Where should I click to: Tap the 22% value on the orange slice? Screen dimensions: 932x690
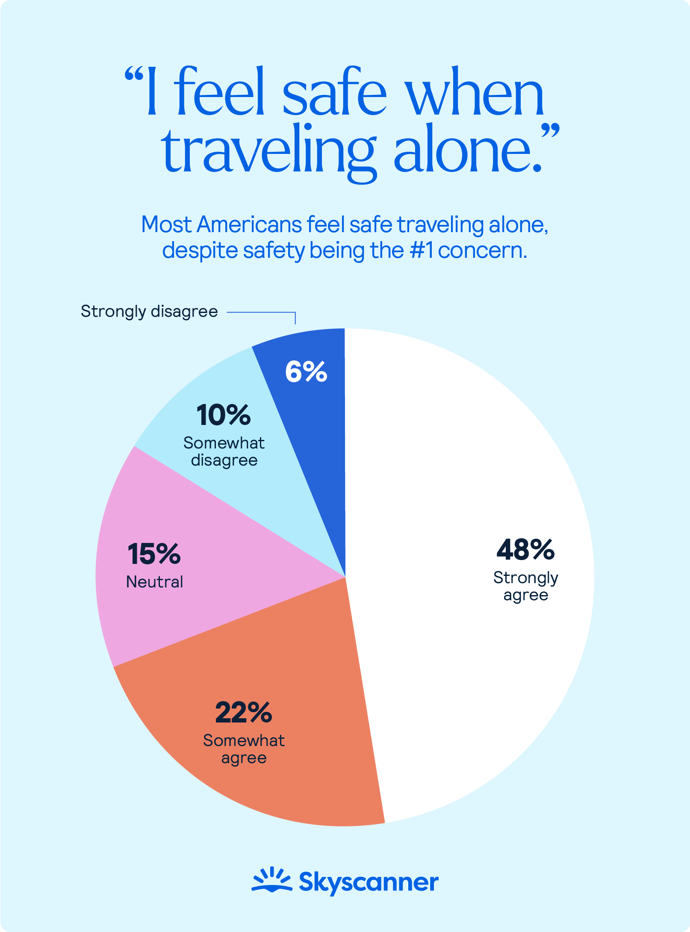[x=244, y=713]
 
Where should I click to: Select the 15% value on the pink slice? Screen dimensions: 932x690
[x=154, y=554]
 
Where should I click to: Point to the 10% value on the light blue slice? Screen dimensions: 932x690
[x=224, y=415]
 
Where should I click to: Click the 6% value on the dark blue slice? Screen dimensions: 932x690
[x=306, y=372]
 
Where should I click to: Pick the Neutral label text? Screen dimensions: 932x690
[x=155, y=582]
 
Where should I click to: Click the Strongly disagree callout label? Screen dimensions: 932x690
[x=149, y=312]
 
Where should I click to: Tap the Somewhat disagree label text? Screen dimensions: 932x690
[x=224, y=452]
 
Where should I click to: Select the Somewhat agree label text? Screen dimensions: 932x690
[x=244, y=749]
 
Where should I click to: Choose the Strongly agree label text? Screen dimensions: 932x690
[x=525, y=586]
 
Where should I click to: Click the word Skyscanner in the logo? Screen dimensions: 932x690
[x=369, y=882]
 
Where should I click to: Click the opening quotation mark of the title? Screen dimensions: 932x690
[x=133, y=75]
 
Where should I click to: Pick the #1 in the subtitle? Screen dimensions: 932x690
[x=421, y=251]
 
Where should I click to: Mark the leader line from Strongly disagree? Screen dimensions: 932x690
[x=261, y=313]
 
